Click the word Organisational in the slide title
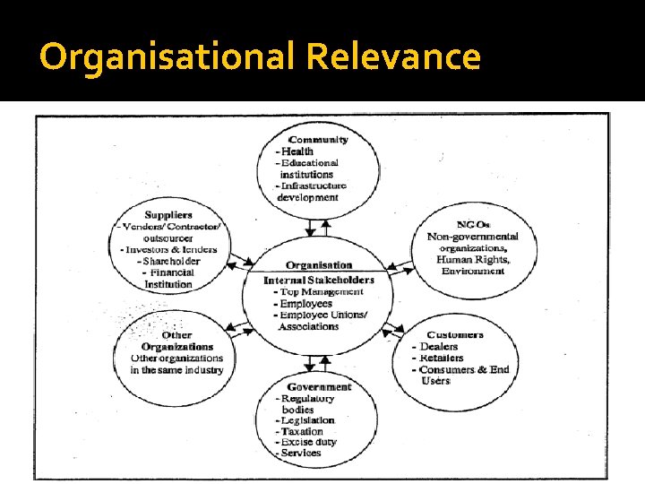pos(168,58)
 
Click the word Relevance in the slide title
pos(393,58)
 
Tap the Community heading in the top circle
pos(319,140)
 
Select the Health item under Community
pos(298,151)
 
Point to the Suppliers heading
pos(168,215)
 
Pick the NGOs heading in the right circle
pos(473,224)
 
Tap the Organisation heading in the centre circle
pos(319,265)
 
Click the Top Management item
pos(322,291)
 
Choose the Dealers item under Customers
pos(437,347)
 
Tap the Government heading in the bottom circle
pos(319,387)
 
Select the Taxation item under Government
pos(303,431)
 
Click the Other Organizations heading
pos(177,341)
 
